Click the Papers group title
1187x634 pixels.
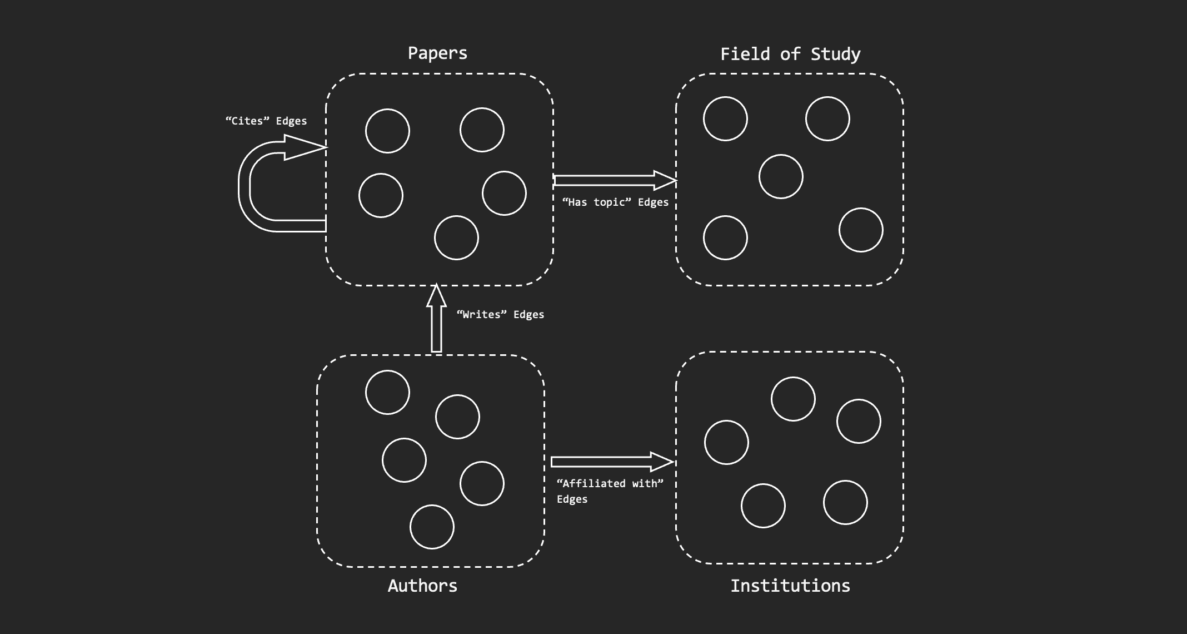point(437,53)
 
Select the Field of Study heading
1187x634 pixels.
point(790,55)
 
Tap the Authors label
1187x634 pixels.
point(422,586)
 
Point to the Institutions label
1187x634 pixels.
point(790,586)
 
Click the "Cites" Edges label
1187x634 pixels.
point(266,121)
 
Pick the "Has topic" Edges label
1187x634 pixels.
point(615,202)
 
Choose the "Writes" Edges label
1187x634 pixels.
point(500,315)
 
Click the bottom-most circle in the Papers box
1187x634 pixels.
point(456,238)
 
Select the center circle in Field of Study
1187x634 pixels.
point(781,177)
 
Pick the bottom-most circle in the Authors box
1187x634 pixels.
point(432,527)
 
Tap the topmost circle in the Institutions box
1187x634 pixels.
point(793,399)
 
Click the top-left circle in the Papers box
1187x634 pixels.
point(387,131)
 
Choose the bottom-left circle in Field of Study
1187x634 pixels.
point(725,238)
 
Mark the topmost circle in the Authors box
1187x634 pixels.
point(387,393)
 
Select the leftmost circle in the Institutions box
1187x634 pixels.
point(726,443)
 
